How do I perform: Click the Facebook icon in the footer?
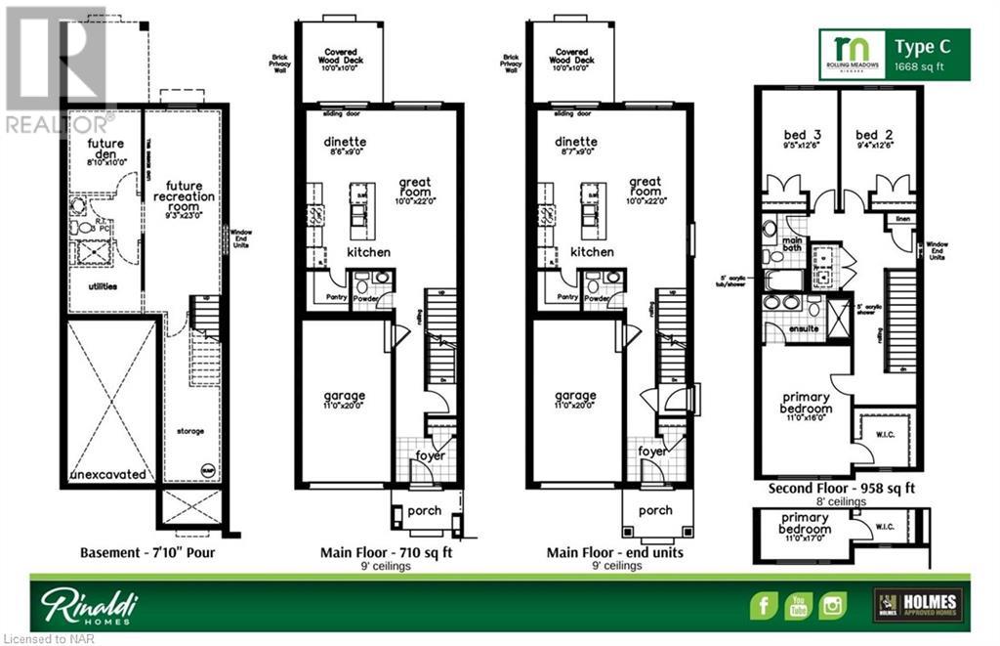pos(764,604)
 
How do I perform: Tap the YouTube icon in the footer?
pos(799,604)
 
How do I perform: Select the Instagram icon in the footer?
pos(833,604)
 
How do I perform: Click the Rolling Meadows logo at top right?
pos(852,54)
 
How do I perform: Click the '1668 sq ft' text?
pos(920,67)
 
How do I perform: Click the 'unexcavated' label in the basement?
pos(109,475)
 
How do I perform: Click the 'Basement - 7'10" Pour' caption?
pos(147,553)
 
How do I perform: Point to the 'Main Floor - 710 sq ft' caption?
pos(386,553)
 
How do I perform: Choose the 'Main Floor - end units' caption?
pos(615,553)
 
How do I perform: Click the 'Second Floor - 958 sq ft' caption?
pos(842,488)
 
